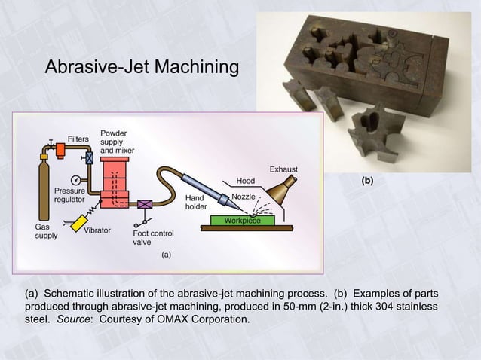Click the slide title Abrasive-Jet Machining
(142, 68)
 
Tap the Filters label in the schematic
(79, 139)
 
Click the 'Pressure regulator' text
(69, 196)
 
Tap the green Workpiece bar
(242, 221)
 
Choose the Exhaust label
(284, 168)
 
